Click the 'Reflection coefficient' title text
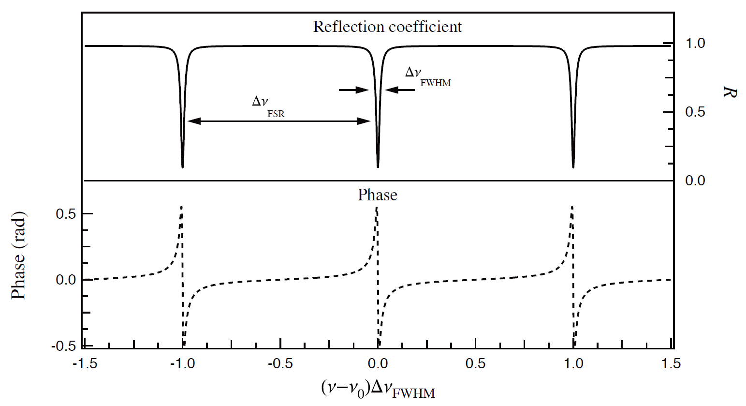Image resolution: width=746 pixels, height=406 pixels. tap(387, 27)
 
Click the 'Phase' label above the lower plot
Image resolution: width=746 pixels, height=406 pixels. tap(377, 195)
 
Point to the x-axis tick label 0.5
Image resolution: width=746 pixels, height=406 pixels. tap(475, 363)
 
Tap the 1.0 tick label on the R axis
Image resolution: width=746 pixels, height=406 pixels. tap(695, 44)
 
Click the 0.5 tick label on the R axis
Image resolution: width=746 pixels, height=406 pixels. tap(695, 112)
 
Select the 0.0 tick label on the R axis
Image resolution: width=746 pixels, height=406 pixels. tap(695, 181)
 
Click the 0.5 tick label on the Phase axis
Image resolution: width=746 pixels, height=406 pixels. tap(66, 214)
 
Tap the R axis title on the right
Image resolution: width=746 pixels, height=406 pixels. tap(729, 91)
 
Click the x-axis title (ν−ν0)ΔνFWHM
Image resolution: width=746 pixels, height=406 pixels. tap(378, 389)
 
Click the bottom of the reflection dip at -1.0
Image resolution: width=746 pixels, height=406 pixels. tap(182, 166)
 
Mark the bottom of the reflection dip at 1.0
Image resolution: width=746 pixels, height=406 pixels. tap(573, 166)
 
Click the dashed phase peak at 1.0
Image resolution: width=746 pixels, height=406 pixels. tap(572, 207)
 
